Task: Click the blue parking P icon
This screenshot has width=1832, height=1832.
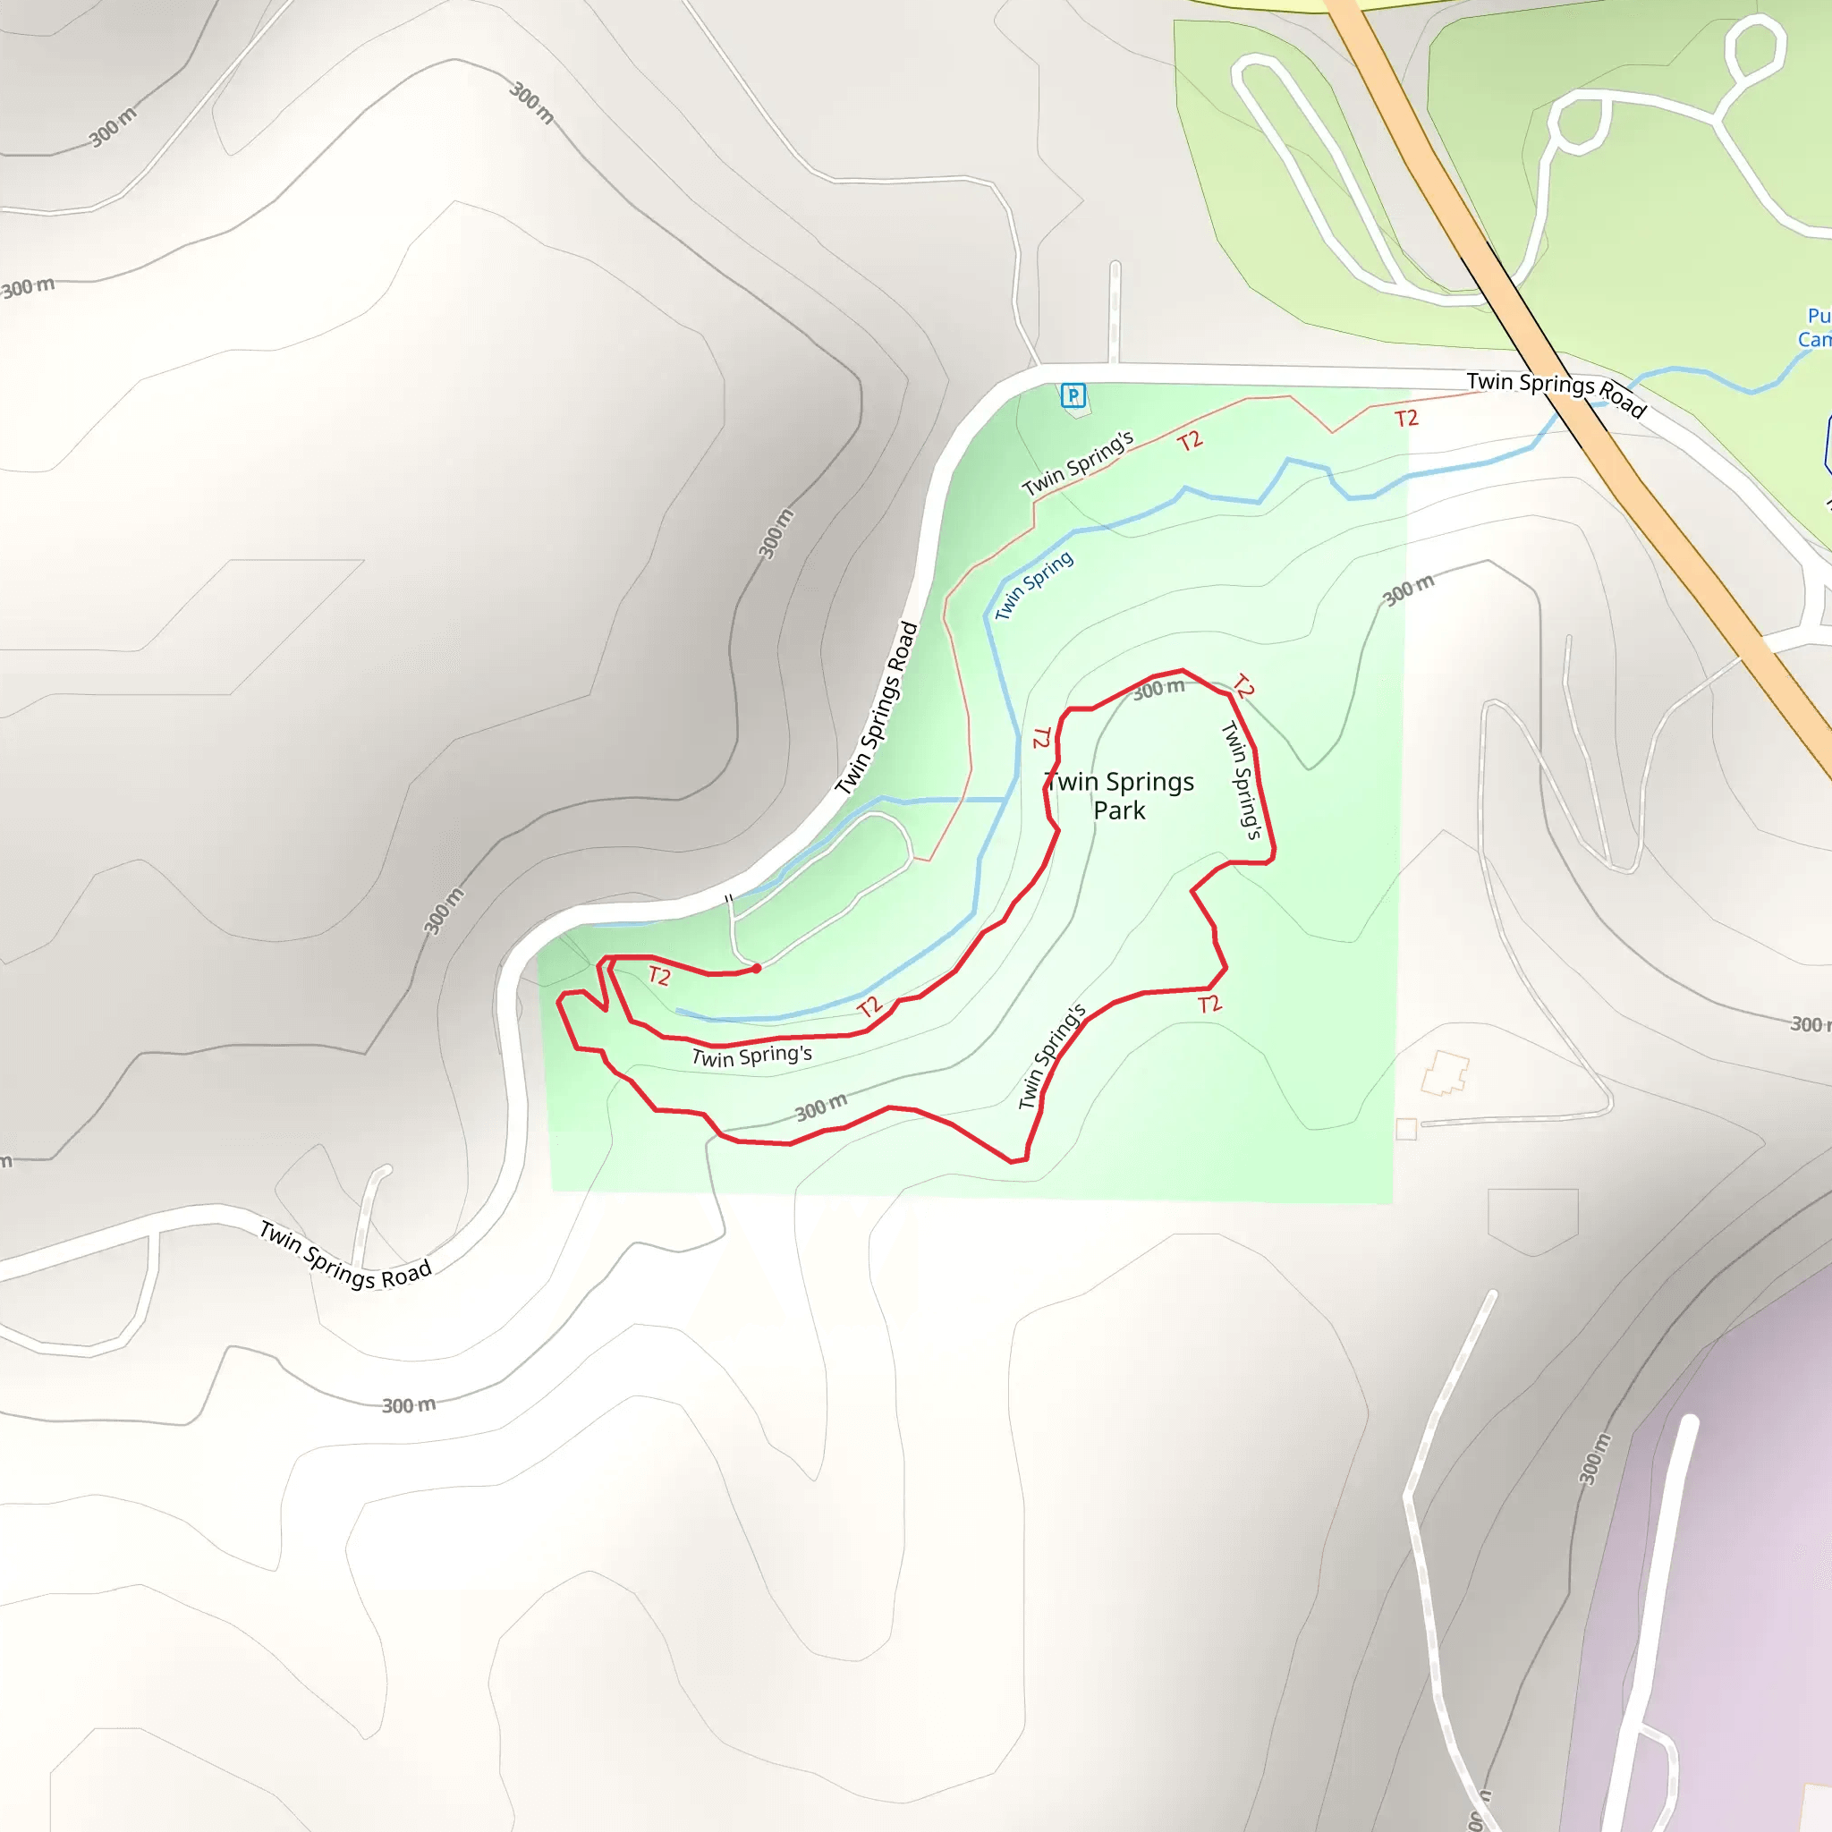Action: coord(1073,394)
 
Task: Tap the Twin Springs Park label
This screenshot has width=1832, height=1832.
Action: coord(1119,795)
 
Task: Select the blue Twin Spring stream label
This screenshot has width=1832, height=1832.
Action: coord(1033,585)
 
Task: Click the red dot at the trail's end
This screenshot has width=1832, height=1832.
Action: coord(757,968)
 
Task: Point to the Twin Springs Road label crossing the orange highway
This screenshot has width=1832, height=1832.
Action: coord(1555,393)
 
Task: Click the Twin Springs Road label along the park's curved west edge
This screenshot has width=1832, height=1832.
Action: coord(878,708)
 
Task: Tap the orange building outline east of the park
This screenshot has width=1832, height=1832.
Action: coord(1444,1073)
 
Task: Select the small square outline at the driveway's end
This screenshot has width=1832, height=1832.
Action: coord(1406,1128)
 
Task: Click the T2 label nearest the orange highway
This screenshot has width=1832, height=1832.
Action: coord(1406,418)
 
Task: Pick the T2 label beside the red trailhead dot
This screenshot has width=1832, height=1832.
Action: coord(660,976)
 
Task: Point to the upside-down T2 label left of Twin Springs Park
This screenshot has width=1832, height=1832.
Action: coord(1042,737)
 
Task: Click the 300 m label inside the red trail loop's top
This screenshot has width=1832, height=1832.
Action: coord(1158,690)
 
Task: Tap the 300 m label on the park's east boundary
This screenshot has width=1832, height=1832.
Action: coord(1408,589)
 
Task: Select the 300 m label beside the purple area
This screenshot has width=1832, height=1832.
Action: coord(1595,1458)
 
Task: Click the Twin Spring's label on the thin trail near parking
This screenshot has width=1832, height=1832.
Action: coord(1077,463)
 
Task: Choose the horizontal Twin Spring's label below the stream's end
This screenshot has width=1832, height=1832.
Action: coord(752,1056)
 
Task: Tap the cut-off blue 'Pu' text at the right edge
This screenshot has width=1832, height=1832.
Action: coord(1818,316)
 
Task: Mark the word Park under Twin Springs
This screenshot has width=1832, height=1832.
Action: coord(1119,810)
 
